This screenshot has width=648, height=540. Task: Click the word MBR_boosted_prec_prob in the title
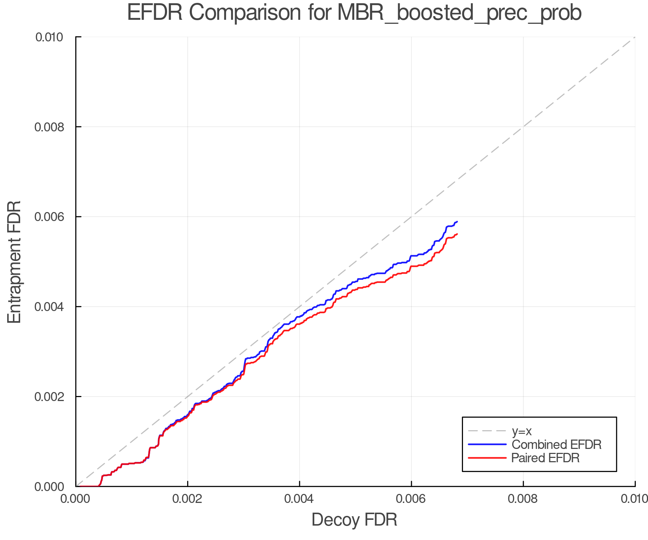click(x=459, y=13)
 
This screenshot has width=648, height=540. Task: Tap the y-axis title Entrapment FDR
click(x=14, y=262)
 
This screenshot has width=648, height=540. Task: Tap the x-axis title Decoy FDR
click(x=354, y=519)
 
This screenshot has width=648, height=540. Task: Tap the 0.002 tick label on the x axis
click(x=188, y=499)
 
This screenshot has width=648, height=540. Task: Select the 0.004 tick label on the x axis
click(x=299, y=499)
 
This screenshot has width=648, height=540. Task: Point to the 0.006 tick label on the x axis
click(x=411, y=499)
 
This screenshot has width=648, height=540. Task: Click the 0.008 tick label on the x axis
click(x=523, y=499)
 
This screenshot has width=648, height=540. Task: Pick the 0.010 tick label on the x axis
click(x=634, y=499)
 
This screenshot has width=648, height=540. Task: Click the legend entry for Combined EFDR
click(x=556, y=445)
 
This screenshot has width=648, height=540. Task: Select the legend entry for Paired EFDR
click(x=545, y=458)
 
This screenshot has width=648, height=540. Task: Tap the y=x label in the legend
click(x=522, y=431)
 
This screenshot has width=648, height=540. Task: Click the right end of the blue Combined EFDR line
click(x=457, y=222)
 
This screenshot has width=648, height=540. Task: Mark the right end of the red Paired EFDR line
click(x=457, y=234)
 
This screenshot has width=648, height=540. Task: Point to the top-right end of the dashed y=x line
click(x=634, y=37)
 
